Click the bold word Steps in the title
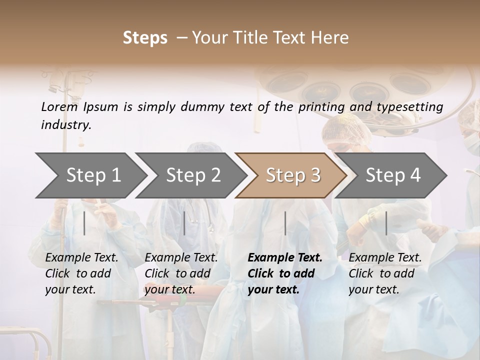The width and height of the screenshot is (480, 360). click(x=145, y=38)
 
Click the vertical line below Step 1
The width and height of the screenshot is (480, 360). click(x=84, y=223)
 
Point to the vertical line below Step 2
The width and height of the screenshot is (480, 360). click(x=184, y=223)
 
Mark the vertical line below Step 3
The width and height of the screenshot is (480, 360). click(x=285, y=223)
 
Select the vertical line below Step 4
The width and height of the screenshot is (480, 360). click(x=386, y=223)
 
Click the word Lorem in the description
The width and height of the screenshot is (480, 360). click(x=59, y=106)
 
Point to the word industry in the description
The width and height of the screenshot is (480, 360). click(x=66, y=125)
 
